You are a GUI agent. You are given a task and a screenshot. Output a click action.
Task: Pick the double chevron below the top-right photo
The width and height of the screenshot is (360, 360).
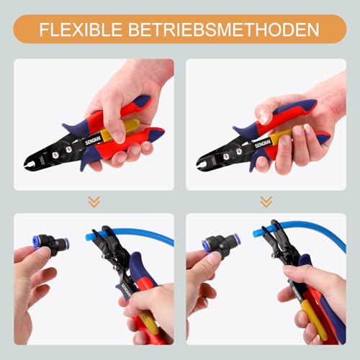(266, 202)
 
